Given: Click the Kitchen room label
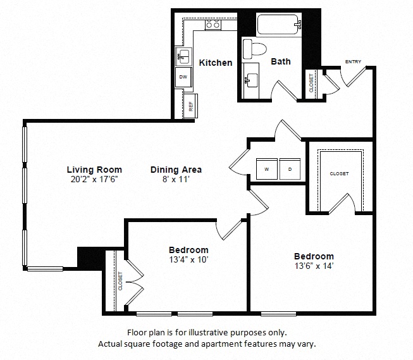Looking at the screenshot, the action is point(216,63).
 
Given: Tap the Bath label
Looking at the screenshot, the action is point(281,61).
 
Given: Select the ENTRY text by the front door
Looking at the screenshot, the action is point(353,61).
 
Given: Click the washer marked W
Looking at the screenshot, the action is point(266,169).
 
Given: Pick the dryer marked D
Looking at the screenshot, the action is point(290,169).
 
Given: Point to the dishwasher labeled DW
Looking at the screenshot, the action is point(183,77).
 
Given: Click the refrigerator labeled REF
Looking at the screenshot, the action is point(191,106).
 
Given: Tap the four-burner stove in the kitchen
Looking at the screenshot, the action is point(213,25).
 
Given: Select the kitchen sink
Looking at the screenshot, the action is point(183,56).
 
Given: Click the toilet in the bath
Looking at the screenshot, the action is point(254,49).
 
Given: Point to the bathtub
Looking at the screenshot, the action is point(279,25).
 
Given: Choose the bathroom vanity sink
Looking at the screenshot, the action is point(252,80).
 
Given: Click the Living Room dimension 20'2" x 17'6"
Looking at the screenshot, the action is point(94,179).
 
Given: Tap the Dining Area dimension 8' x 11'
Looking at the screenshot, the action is point(176,179).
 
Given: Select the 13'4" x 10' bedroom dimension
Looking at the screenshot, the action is point(188,259).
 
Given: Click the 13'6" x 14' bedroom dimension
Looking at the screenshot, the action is point(314,266).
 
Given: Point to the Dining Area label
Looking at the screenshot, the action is point(176,170).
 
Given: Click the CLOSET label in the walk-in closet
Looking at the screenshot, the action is point(339,174).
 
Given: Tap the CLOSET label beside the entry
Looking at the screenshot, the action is point(311,83).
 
